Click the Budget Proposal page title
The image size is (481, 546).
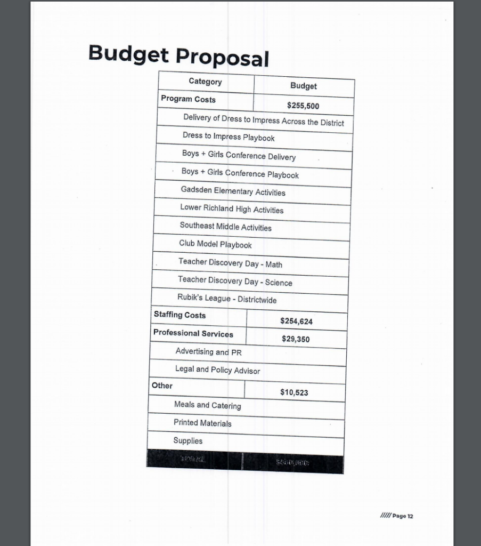coord(178,55)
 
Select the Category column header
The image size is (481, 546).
coord(205,82)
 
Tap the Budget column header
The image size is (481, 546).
coord(304,86)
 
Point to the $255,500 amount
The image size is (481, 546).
coord(303,106)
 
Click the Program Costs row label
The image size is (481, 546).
coord(188,99)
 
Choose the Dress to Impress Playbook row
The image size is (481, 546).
coord(229,136)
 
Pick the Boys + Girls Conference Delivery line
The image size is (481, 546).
coord(239,155)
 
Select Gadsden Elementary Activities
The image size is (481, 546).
coord(233,191)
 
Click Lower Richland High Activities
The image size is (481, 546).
coord(232,208)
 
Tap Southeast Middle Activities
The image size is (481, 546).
coord(225,227)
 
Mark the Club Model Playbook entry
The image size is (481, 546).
coord(215,244)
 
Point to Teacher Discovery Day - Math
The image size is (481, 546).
coord(230,263)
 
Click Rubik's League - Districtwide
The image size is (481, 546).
coord(227,299)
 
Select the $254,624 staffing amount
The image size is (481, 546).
coord(296,321)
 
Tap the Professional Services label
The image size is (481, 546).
coord(193,333)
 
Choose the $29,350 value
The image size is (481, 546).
coord(296,339)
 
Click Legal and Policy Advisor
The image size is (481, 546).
coord(217,370)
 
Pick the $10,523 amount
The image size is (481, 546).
coord(294,392)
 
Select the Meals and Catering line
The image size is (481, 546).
coord(207,405)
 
